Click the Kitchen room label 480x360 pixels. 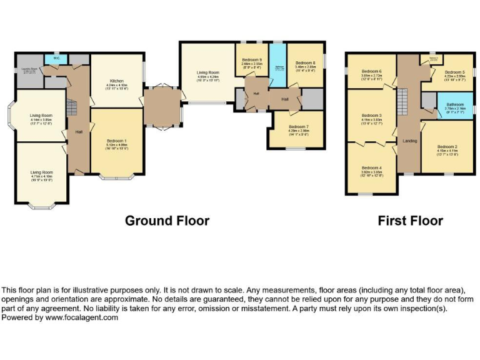117,81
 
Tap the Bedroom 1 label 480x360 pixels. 117,141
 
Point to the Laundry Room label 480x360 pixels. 29,69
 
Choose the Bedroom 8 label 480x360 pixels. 305,62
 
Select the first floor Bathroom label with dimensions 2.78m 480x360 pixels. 454,104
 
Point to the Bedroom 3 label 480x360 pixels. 371,116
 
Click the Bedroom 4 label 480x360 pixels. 371,167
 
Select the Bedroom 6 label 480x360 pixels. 371,72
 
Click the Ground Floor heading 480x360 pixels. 167,221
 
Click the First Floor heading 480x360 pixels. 410,221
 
